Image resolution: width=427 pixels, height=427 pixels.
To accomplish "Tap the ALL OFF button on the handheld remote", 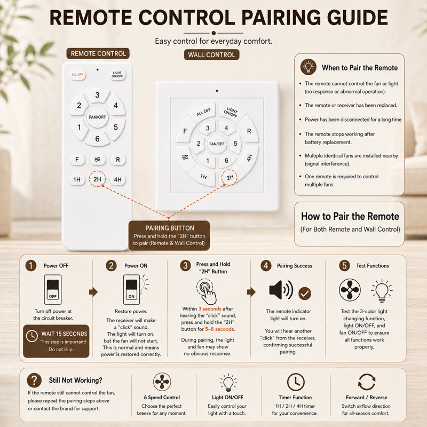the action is [77, 75].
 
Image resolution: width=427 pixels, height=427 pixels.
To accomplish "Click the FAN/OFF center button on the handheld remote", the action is [97, 117].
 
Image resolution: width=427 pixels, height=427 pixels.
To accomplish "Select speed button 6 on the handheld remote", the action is [97, 139].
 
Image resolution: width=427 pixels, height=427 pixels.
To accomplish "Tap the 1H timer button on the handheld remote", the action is [77, 179].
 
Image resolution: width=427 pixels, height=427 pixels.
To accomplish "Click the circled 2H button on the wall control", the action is [229, 178].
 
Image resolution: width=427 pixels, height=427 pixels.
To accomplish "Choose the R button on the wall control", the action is [249, 131].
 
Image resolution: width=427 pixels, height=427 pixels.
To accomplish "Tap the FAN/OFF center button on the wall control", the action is [217, 144].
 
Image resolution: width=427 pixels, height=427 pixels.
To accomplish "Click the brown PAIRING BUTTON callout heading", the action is [170, 228].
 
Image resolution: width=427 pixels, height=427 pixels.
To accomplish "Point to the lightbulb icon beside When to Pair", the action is [309, 67].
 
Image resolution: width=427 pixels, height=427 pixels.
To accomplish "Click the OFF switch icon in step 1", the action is [53, 289].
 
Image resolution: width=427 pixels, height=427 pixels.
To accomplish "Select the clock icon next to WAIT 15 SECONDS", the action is [32, 336].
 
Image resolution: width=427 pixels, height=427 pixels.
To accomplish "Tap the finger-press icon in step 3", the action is [207, 291].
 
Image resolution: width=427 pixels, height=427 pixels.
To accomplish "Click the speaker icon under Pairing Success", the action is [281, 290].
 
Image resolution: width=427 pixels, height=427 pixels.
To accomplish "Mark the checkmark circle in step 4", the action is [305, 293].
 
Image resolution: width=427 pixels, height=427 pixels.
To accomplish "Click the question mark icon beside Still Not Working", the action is [34, 380].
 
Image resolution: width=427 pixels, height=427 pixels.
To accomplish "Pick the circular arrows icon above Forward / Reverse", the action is [367, 382].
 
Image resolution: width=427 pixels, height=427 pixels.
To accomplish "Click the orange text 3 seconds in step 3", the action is [210, 309].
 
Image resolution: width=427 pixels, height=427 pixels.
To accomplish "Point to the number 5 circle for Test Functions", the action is [344, 265].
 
